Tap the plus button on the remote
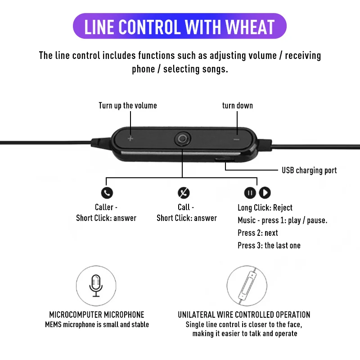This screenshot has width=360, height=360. [130, 139]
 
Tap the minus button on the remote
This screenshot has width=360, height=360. [237, 139]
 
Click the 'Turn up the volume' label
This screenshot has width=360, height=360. [128, 106]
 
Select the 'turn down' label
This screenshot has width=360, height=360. [238, 106]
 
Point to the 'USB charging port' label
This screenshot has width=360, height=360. [309, 171]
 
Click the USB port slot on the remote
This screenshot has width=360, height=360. [224, 160]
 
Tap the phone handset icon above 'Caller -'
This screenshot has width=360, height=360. [107, 193]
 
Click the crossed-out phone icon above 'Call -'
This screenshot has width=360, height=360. [184, 193]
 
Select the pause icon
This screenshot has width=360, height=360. [250, 193]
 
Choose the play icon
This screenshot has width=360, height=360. [265, 193]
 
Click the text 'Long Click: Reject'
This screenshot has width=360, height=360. [265, 207]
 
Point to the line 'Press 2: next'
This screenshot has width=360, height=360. [257, 233]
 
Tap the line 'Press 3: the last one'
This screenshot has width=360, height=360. [269, 245]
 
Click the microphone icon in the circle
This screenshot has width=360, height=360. [96, 286]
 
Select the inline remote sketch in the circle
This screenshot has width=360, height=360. [247, 286]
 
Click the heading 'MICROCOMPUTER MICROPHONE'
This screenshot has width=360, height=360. [97, 315]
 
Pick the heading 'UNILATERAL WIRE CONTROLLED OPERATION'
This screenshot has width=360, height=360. [244, 315]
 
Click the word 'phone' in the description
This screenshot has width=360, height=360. [143, 69]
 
